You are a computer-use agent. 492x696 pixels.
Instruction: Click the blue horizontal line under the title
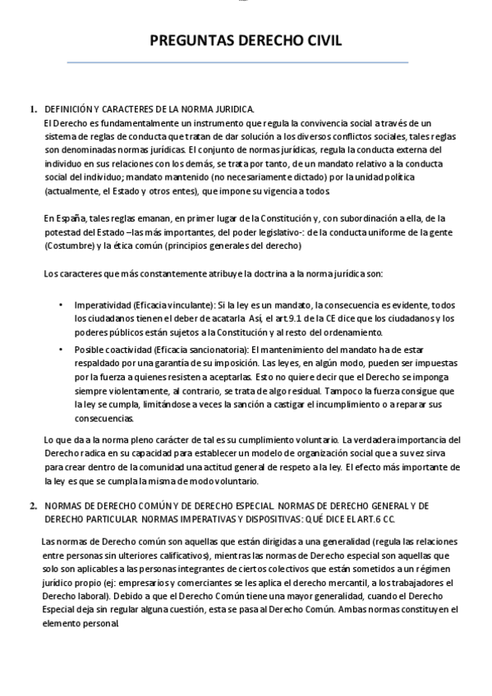237,62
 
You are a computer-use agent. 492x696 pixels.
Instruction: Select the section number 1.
33,108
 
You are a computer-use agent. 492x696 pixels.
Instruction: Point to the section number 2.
33,506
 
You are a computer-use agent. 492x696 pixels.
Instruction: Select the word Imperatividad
100,304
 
